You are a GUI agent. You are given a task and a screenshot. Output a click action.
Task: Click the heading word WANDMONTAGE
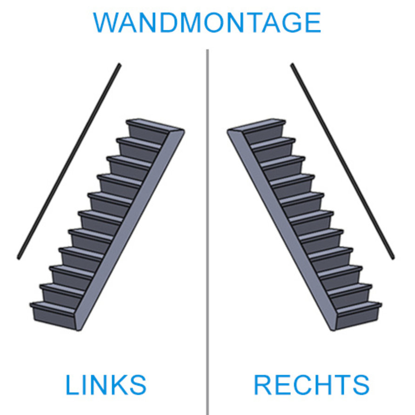(x=207, y=22)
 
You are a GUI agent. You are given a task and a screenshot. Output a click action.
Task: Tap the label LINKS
(x=106, y=385)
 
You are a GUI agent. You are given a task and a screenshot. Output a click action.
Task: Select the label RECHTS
(x=311, y=385)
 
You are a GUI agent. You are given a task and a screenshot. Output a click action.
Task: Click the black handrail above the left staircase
(x=69, y=161)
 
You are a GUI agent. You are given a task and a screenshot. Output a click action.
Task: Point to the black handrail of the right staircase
(x=342, y=161)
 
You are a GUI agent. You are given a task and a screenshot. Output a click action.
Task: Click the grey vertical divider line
(x=207, y=233)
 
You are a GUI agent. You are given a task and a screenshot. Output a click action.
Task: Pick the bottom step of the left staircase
(x=54, y=307)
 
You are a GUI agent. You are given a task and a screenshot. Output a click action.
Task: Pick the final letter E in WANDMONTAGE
(x=313, y=22)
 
